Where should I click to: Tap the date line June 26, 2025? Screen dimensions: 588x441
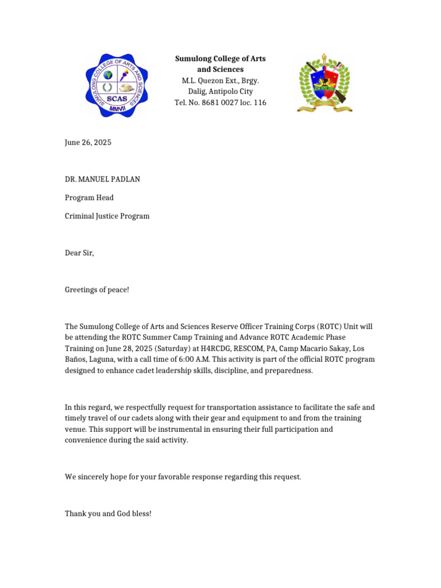88,142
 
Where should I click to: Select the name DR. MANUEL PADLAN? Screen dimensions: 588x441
102,179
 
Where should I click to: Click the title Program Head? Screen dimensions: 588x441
89,198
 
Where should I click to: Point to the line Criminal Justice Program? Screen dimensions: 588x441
107,216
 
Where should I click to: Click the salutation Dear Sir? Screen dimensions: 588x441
79,253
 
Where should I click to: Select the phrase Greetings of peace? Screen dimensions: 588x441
97,289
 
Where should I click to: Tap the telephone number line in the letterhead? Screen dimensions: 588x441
220,102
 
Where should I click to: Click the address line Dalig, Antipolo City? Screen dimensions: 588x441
220,91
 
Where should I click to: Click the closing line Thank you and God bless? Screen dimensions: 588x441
108,513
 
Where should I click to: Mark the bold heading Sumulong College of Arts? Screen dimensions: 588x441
220,59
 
